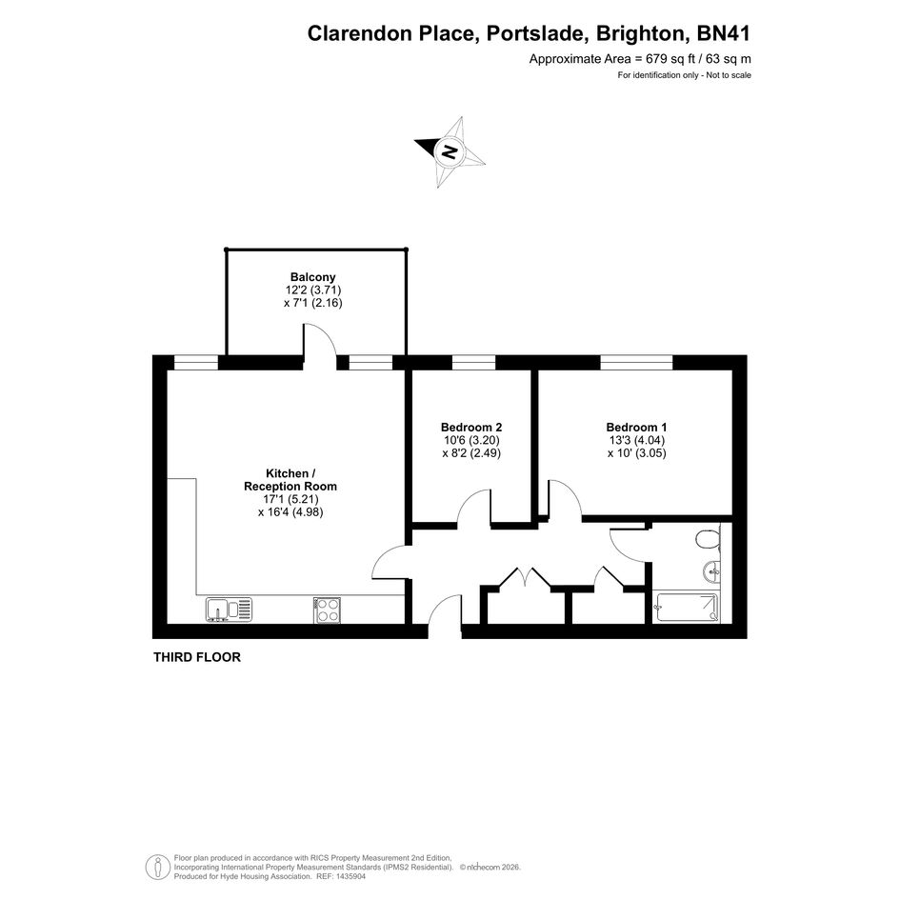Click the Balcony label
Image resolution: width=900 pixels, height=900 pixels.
tap(312, 277)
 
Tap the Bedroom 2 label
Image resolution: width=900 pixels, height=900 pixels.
tap(471, 427)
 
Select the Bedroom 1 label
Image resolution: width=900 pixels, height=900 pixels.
tap(636, 427)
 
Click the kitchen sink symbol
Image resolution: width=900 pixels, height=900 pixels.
tap(229, 610)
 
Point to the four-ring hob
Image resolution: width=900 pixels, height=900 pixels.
tap(328, 610)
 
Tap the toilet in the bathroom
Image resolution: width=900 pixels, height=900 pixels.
tap(708, 540)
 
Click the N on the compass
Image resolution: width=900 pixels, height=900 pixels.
tap(450, 152)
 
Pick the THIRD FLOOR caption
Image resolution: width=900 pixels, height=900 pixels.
tap(197, 657)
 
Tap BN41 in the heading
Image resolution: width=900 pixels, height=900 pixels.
tap(723, 33)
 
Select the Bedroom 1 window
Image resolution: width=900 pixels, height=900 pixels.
tap(636, 362)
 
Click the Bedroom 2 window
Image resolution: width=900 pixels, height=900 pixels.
tap(473, 362)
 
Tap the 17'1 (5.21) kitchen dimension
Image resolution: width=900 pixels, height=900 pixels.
tap(290, 499)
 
